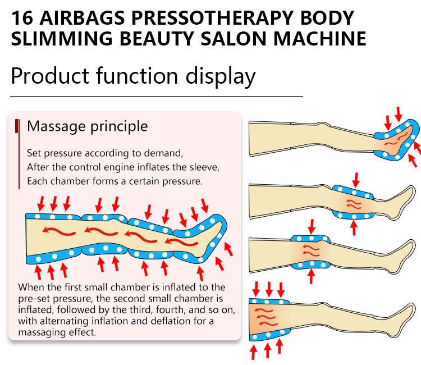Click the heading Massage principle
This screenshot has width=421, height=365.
click(88, 126)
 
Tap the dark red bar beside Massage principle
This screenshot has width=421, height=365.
click(18, 126)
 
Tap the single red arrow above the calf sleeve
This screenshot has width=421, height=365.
click(354, 179)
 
